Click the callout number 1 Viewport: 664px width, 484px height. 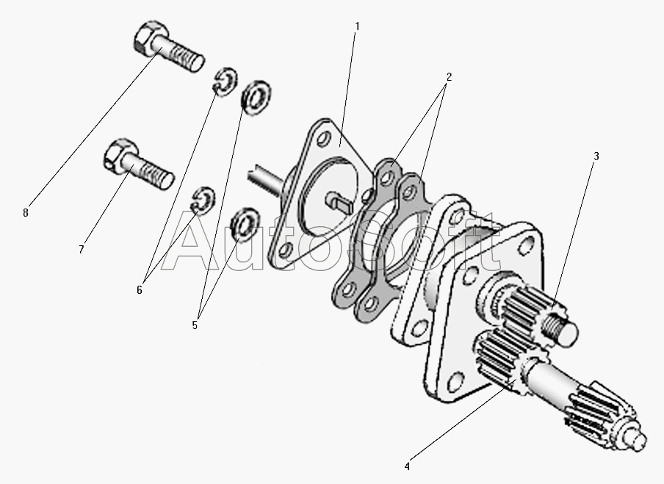(357, 26)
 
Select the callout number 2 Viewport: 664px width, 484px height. (449, 77)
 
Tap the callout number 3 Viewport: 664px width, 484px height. (596, 156)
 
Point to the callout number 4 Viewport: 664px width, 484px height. (407, 466)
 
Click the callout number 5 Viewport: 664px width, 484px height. (195, 325)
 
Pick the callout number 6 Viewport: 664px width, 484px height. (140, 291)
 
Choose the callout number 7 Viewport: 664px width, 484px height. (82, 250)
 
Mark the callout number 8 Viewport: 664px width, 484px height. (26, 213)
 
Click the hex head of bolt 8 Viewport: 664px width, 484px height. (150, 37)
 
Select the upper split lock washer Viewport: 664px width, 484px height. (225, 81)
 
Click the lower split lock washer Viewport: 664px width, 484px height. (204, 200)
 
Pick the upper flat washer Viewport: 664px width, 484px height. (256, 98)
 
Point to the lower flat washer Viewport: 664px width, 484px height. (245, 225)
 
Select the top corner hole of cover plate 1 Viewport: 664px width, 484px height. (324, 139)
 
